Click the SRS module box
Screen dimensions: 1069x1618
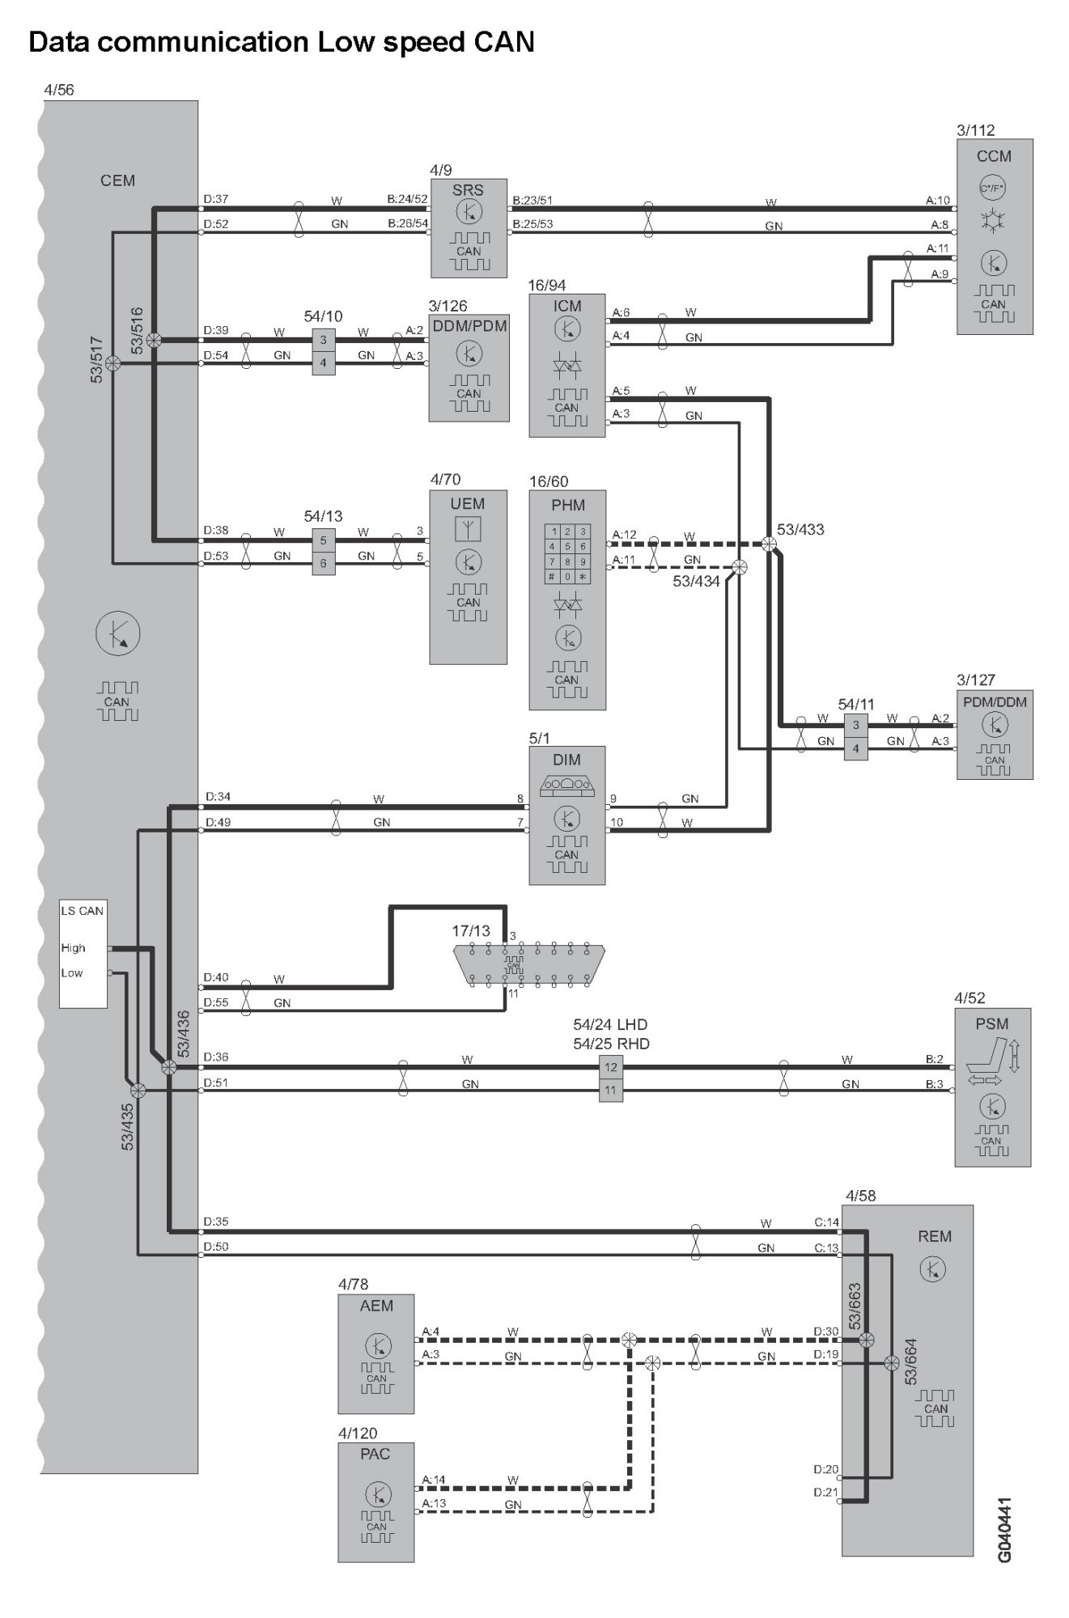469,228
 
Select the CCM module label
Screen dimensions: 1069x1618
994,156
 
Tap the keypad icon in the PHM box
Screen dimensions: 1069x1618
568,554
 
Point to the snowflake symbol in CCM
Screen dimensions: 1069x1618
992,220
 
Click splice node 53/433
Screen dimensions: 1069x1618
769,544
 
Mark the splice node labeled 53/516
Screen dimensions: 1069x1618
154,341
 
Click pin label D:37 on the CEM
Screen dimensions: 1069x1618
216,199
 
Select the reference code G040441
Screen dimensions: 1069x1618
1003,1530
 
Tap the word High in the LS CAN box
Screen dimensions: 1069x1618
73,947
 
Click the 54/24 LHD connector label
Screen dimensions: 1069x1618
611,1024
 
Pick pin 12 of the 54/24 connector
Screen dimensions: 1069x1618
611,1067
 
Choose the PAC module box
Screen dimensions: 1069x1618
376,1502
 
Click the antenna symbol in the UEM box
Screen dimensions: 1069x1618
469,529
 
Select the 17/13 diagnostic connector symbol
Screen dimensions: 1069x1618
528,965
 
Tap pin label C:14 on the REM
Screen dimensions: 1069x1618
826,1222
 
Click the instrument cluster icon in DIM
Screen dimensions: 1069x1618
566,783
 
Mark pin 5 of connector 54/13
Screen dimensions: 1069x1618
323,540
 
